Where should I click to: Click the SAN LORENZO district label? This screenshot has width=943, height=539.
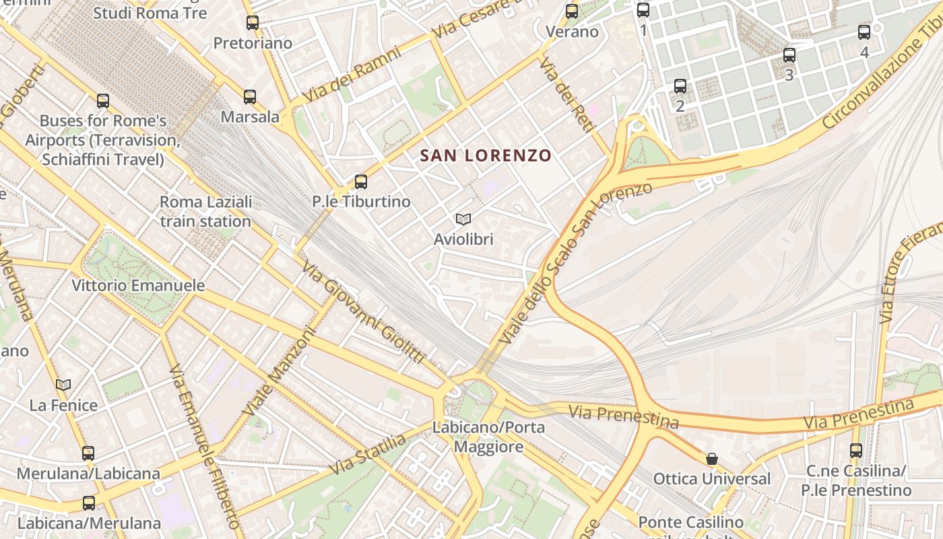[486, 156]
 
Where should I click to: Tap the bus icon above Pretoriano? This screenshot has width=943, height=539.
[253, 23]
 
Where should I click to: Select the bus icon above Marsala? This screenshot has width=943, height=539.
[250, 97]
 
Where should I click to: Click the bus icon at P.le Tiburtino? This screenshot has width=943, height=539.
[361, 181]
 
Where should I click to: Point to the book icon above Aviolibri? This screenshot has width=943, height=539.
[463, 219]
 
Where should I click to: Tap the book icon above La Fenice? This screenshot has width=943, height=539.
[63, 385]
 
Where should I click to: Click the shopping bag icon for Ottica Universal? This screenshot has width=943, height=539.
[712, 459]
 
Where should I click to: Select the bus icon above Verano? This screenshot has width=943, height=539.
[572, 11]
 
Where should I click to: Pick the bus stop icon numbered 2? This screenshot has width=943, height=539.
[680, 86]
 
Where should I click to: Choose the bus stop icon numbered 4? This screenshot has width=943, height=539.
[864, 32]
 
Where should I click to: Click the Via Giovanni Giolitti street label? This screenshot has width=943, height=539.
[364, 313]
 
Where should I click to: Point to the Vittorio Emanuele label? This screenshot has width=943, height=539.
[138, 286]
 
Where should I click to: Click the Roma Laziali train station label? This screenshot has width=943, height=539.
[205, 212]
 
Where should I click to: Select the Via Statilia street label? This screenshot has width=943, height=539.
[368, 455]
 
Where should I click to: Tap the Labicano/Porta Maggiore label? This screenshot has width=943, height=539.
[488, 437]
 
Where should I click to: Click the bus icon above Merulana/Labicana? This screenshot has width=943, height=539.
[88, 453]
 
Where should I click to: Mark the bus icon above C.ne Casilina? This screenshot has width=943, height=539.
[856, 451]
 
